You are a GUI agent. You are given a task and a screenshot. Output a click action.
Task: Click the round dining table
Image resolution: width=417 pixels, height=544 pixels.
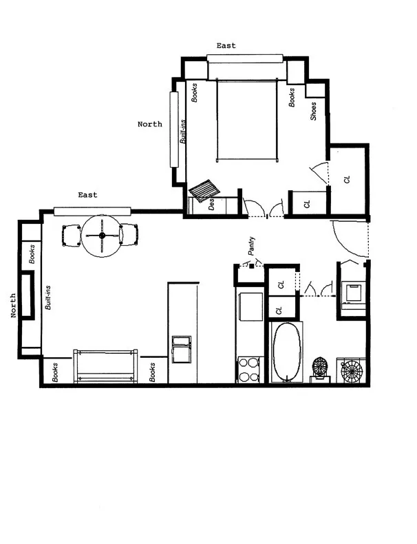coord(101,236)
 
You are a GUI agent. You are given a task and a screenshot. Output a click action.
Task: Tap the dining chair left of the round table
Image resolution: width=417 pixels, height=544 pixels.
coord(72,236)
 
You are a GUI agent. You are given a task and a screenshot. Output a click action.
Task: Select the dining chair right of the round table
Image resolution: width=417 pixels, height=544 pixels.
coord(130,235)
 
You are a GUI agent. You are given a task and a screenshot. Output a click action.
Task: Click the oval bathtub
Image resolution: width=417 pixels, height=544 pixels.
coord(286,352)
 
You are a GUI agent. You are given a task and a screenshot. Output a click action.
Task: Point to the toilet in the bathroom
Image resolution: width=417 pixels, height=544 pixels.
coord(321,368)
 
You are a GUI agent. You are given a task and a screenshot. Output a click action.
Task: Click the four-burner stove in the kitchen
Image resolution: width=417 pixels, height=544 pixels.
coord(248,369)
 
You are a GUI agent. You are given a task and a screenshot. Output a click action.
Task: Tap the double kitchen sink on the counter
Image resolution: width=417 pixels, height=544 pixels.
coord(182,349)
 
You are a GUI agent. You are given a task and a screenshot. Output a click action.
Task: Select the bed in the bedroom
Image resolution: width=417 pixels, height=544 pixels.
coord(248,120)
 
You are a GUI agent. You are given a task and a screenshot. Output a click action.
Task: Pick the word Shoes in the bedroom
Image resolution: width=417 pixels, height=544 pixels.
coord(313,111)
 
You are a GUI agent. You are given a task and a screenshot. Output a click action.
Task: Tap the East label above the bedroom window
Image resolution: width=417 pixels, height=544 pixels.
coord(226,46)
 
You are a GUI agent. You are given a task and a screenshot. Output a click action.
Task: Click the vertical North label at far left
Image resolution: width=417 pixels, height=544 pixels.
coord(13,305)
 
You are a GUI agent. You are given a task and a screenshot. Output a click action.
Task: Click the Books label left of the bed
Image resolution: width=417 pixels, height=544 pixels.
coord(195,93)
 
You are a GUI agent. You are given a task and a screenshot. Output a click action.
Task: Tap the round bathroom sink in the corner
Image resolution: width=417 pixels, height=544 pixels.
coord(351,371)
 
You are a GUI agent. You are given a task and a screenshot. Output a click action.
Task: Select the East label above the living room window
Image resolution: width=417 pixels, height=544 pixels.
coord(87,195)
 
